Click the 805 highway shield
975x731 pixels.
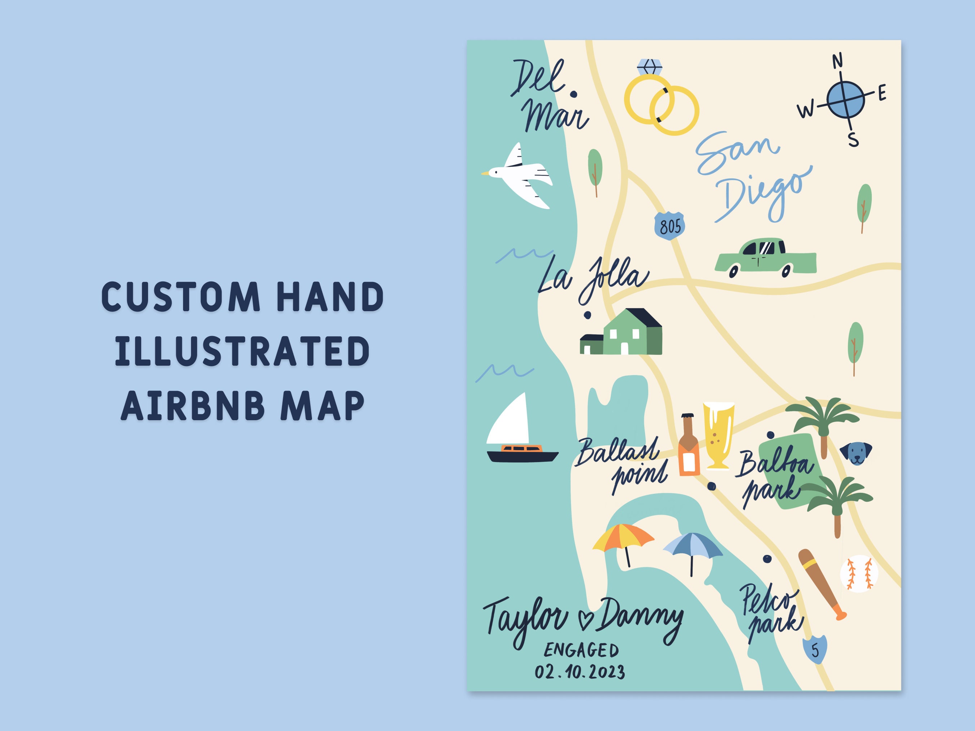(x=669, y=226)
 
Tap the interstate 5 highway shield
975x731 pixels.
(x=815, y=649)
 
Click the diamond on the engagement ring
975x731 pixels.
(x=650, y=67)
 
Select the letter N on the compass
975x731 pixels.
(x=837, y=61)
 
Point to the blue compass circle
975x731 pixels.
(x=845, y=100)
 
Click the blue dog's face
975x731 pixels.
(x=856, y=453)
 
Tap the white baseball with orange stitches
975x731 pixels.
(x=859, y=573)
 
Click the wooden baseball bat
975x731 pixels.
(x=821, y=583)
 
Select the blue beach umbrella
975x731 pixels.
(x=693, y=547)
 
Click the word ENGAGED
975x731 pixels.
(x=581, y=650)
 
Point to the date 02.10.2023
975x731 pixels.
(x=580, y=672)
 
